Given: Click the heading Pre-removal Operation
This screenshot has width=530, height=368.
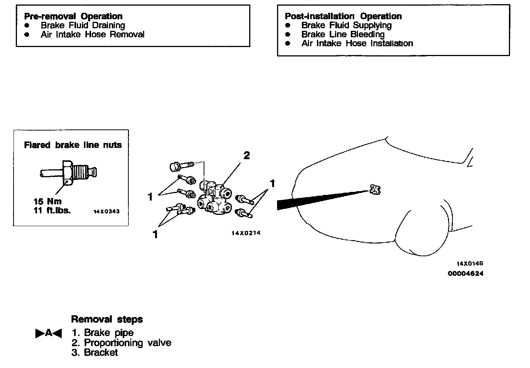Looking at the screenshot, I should click(x=73, y=16).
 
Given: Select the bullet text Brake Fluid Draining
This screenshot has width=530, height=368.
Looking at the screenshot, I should click(x=83, y=25).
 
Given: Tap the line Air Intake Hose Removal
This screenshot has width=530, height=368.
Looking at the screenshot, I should click(x=92, y=34).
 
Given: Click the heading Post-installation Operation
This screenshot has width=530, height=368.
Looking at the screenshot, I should click(x=343, y=16).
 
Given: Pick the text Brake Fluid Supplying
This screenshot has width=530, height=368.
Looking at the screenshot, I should click(x=346, y=25).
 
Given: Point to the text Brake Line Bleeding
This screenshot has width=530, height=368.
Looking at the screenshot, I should click(x=343, y=34).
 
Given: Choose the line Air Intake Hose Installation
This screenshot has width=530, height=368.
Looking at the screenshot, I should click(x=357, y=43).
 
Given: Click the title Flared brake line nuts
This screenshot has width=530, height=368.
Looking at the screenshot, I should click(x=73, y=145).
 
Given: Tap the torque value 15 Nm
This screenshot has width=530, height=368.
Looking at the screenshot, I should click(x=47, y=201).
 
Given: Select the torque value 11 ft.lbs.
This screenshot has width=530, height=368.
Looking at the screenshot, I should click(x=52, y=210).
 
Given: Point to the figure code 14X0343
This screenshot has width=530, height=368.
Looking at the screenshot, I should click(x=107, y=211).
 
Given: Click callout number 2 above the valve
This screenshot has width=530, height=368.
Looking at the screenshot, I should click(x=247, y=155).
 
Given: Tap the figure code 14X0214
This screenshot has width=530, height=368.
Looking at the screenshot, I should click(x=246, y=233).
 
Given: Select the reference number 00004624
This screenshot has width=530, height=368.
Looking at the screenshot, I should click(x=465, y=274).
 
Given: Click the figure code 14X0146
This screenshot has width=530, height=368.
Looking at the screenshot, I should click(x=469, y=264).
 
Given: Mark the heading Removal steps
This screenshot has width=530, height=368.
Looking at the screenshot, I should click(x=107, y=319).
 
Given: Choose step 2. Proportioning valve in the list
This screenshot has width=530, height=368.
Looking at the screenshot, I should click(x=121, y=343).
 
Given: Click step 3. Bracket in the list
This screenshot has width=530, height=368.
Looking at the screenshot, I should click(x=94, y=353).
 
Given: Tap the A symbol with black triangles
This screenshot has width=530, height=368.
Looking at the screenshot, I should click(x=49, y=333).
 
